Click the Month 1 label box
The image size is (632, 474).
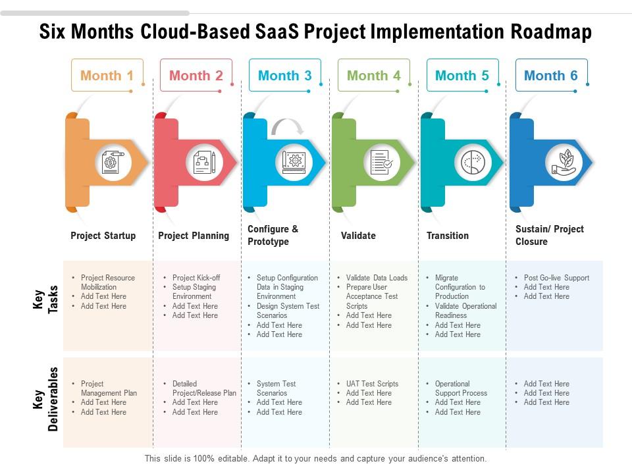pos(107,76)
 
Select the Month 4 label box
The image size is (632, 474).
pos(373,76)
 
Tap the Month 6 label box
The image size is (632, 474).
pos(550,76)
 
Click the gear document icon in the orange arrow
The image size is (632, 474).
pos(113,162)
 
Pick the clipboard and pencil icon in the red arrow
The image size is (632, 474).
pos(204,162)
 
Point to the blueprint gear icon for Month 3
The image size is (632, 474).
pos(294,162)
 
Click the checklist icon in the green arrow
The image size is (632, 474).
pos(382,162)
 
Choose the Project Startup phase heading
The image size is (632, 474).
pos(103,236)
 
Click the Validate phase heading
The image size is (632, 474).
pos(358,236)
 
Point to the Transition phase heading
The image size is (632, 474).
pos(448,236)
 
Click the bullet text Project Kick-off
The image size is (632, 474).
pos(196,278)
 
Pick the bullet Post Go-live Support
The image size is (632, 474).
pos(556,278)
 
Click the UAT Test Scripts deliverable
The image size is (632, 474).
pos(372,384)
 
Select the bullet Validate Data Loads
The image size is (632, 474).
pos(377,278)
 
